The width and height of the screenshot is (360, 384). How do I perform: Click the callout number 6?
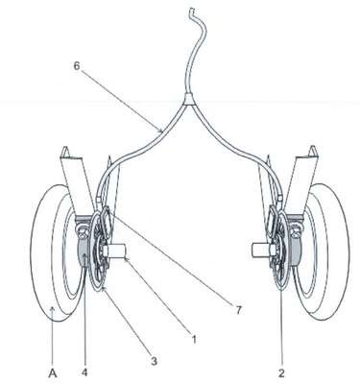pyautogui.click(x=77, y=66)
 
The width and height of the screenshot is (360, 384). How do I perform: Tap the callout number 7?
pyautogui.click(x=238, y=310)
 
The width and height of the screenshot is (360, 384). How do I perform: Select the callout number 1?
pyautogui.click(x=194, y=339)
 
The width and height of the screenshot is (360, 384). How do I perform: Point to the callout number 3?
pyautogui.click(x=154, y=362)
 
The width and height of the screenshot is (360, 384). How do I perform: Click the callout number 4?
pyautogui.click(x=84, y=372)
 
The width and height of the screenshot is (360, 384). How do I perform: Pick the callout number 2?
pyautogui.click(x=281, y=372)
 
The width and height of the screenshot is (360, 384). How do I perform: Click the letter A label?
pyautogui.click(x=53, y=372)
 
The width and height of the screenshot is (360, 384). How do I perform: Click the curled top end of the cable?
pyautogui.click(x=192, y=12)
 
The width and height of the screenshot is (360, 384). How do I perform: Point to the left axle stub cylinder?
pyautogui.click(x=116, y=251)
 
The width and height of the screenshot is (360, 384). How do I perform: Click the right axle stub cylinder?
pyautogui.click(x=262, y=250)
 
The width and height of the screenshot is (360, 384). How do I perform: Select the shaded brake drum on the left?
pyautogui.click(x=84, y=252)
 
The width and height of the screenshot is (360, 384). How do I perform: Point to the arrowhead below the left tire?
pyautogui.click(x=53, y=309)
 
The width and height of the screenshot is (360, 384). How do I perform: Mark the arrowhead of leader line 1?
pyautogui.click(x=126, y=259)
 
